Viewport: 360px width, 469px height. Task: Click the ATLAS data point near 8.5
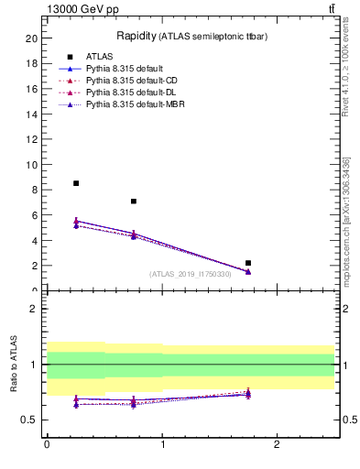[x=76, y=183]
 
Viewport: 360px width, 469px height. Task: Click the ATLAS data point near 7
[x=134, y=202]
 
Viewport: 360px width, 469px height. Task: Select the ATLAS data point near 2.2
[x=248, y=263]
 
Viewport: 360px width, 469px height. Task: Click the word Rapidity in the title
[x=135, y=36]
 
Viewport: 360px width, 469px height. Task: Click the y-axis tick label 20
[x=32, y=38]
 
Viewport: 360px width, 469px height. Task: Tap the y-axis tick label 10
[x=32, y=165]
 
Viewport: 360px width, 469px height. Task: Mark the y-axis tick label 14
[x=32, y=115]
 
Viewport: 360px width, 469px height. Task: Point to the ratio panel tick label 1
[x=34, y=365]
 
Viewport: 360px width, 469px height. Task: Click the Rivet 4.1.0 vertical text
[x=345, y=82]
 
